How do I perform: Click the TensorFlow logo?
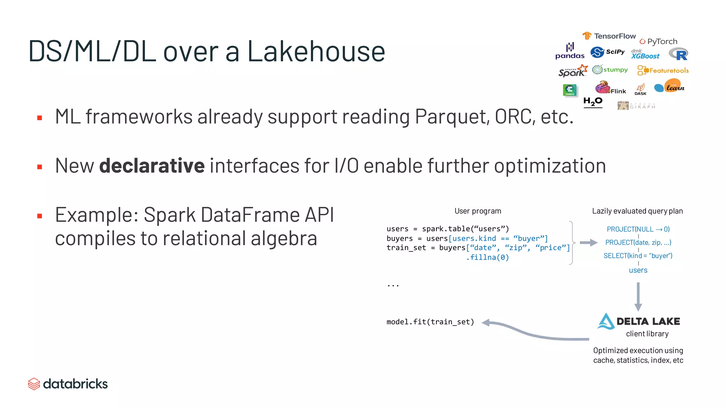[609, 36]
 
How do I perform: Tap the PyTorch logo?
[658, 41]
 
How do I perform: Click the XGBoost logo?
[645, 54]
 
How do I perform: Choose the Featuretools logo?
[663, 70]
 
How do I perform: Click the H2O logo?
[593, 102]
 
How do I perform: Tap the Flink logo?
[610, 88]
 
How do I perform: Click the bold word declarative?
[152, 166]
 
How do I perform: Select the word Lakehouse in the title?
[316, 51]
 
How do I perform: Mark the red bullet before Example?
[40, 216]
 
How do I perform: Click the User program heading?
[478, 211]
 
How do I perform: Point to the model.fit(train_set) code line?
[430, 322]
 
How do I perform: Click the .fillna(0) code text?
[487, 257]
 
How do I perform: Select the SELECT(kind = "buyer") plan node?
[638, 256]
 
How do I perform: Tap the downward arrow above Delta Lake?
[638, 297]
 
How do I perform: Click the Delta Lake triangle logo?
[606, 321]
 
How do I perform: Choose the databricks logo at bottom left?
[68, 384]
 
